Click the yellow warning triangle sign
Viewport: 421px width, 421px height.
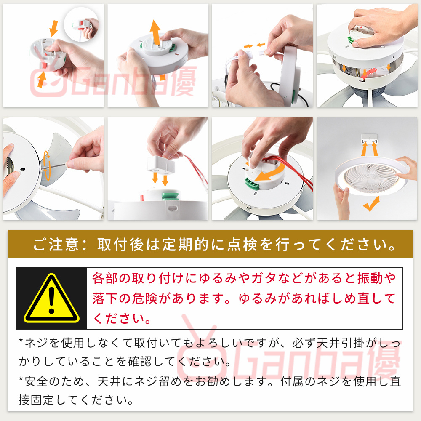pos(51,298)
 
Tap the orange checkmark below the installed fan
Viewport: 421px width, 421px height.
pos(371,204)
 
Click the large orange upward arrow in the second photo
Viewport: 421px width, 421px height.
pos(156,32)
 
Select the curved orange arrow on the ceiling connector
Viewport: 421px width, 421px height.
pos(270,172)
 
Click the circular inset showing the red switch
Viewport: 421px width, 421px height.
pos(81,24)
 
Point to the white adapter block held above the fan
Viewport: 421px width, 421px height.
pos(161,164)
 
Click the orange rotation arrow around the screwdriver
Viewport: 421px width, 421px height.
pos(47,165)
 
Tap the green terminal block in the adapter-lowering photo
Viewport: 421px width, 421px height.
pos(171,195)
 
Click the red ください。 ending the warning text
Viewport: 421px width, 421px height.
pos(122,319)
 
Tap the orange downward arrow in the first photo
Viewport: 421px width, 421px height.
pos(54,28)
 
